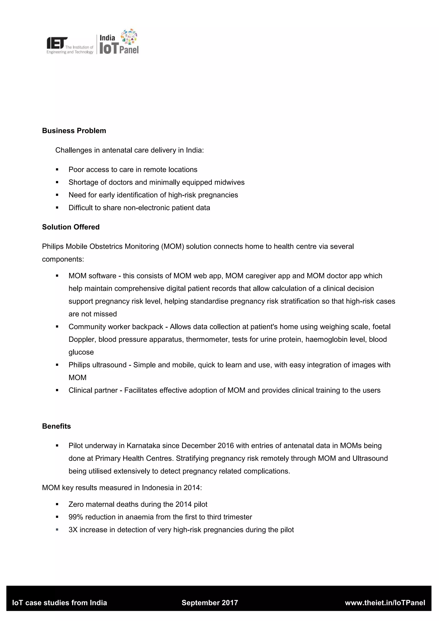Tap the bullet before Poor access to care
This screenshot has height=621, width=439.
click(x=57, y=170)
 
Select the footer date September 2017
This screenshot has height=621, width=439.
click(x=210, y=603)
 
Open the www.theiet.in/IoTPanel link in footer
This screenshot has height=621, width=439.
click(x=385, y=603)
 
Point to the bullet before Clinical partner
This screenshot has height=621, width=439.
click(x=57, y=390)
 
